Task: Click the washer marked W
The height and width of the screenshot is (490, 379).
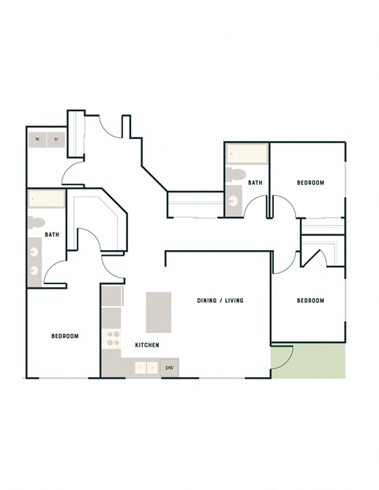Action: [x=36, y=140]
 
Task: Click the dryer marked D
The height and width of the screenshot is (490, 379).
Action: [x=55, y=140]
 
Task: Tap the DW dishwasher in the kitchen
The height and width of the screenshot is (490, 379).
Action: [x=169, y=368]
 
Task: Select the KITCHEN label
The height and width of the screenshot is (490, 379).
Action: [x=148, y=346]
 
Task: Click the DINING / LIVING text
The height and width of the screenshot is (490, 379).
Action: [x=220, y=301]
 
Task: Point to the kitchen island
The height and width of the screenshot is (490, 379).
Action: [x=159, y=312]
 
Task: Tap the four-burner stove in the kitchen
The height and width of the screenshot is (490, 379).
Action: [x=113, y=339]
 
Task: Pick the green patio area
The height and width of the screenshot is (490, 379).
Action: [x=309, y=361]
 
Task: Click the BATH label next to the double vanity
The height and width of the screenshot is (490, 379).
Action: [x=52, y=234]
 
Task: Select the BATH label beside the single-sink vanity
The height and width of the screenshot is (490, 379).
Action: [x=255, y=183]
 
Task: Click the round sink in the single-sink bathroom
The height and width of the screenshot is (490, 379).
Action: [x=233, y=201]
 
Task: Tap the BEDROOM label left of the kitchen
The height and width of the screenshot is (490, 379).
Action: [x=65, y=336]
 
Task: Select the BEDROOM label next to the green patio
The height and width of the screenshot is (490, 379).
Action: [x=310, y=301]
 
